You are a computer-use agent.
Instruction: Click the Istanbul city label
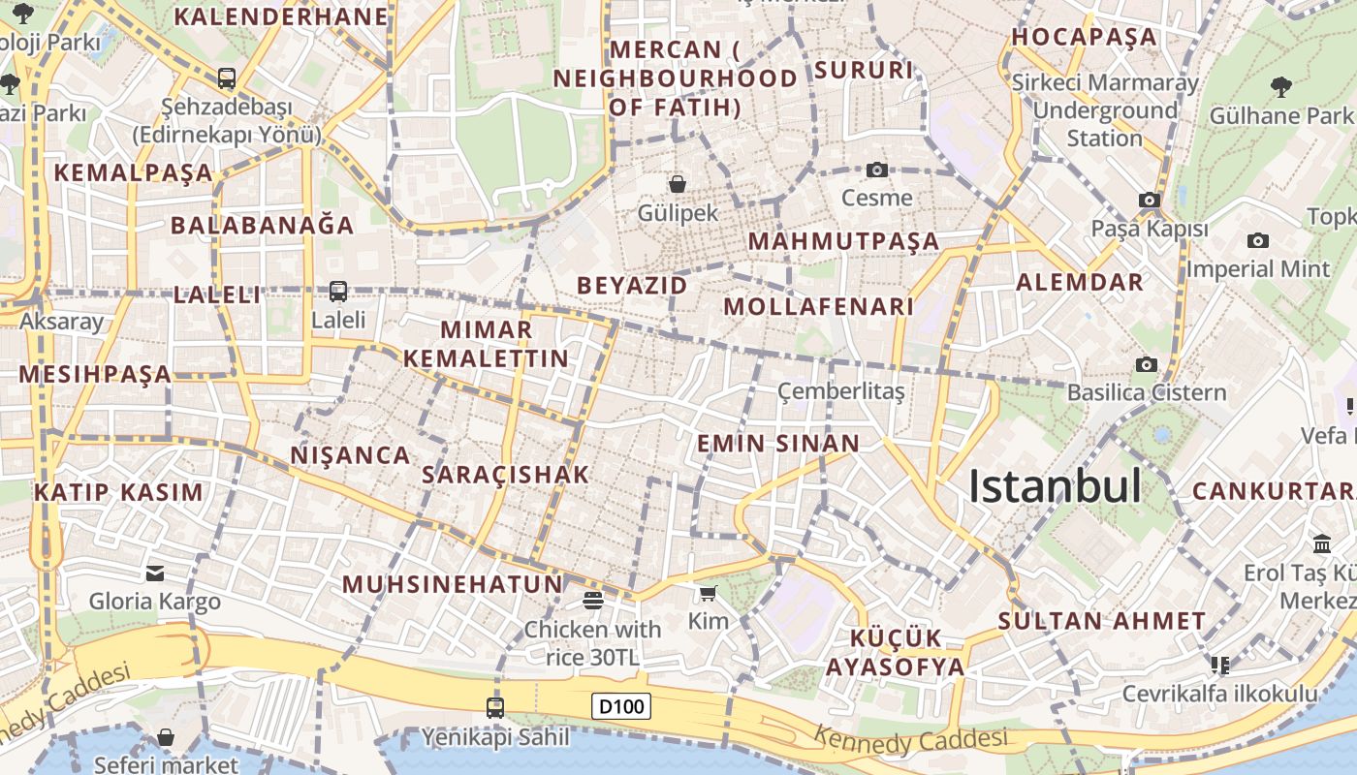tap(1056, 486)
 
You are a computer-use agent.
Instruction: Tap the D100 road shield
tap(621, 706)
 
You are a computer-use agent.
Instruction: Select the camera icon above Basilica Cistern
tap(1147, 364)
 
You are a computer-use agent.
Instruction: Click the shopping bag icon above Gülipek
tap(678, 183)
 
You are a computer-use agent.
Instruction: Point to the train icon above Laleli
tap(338, 291)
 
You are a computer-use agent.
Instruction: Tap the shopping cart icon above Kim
tap(709, 593)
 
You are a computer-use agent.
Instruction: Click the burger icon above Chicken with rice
tap(593, 601)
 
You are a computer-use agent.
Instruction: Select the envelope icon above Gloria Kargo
tap(155, 573)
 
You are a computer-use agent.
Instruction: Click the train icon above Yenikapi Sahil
tap(495, 708)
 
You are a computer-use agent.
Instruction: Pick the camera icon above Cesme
tap(877, 170)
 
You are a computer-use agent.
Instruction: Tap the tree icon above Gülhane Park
tap(1281, 87)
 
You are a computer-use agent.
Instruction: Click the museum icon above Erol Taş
tap(1322, 543)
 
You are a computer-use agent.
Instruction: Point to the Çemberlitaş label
tap(841, 391)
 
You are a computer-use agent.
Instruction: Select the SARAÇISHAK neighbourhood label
tap(506, 475)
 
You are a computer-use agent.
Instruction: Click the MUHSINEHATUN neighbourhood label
tap(453, 584)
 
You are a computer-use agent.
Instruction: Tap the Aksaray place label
tap(61, 322)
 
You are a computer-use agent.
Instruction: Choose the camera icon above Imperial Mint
tap(1258, 240)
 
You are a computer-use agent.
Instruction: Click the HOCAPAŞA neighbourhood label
tap(1085, 37)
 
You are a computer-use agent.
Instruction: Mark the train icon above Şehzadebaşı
tap(227, 78)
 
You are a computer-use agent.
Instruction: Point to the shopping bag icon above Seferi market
tap(166, 738)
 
